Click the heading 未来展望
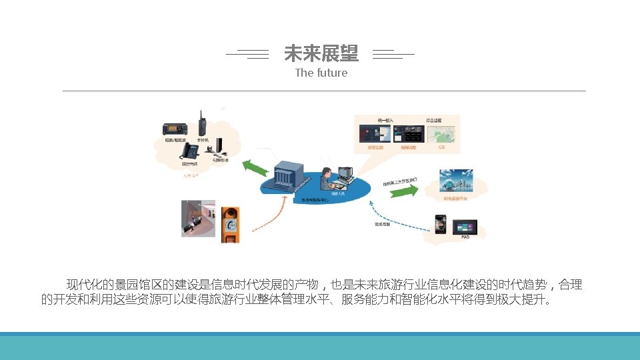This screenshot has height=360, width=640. (321, 53)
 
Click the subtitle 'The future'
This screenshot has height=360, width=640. (321, 73)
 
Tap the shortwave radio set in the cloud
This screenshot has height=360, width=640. (175, 129)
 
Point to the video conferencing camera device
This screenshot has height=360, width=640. (219, 147)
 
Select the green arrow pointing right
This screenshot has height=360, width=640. (405, 191)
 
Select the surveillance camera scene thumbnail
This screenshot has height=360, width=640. (198, 218)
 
